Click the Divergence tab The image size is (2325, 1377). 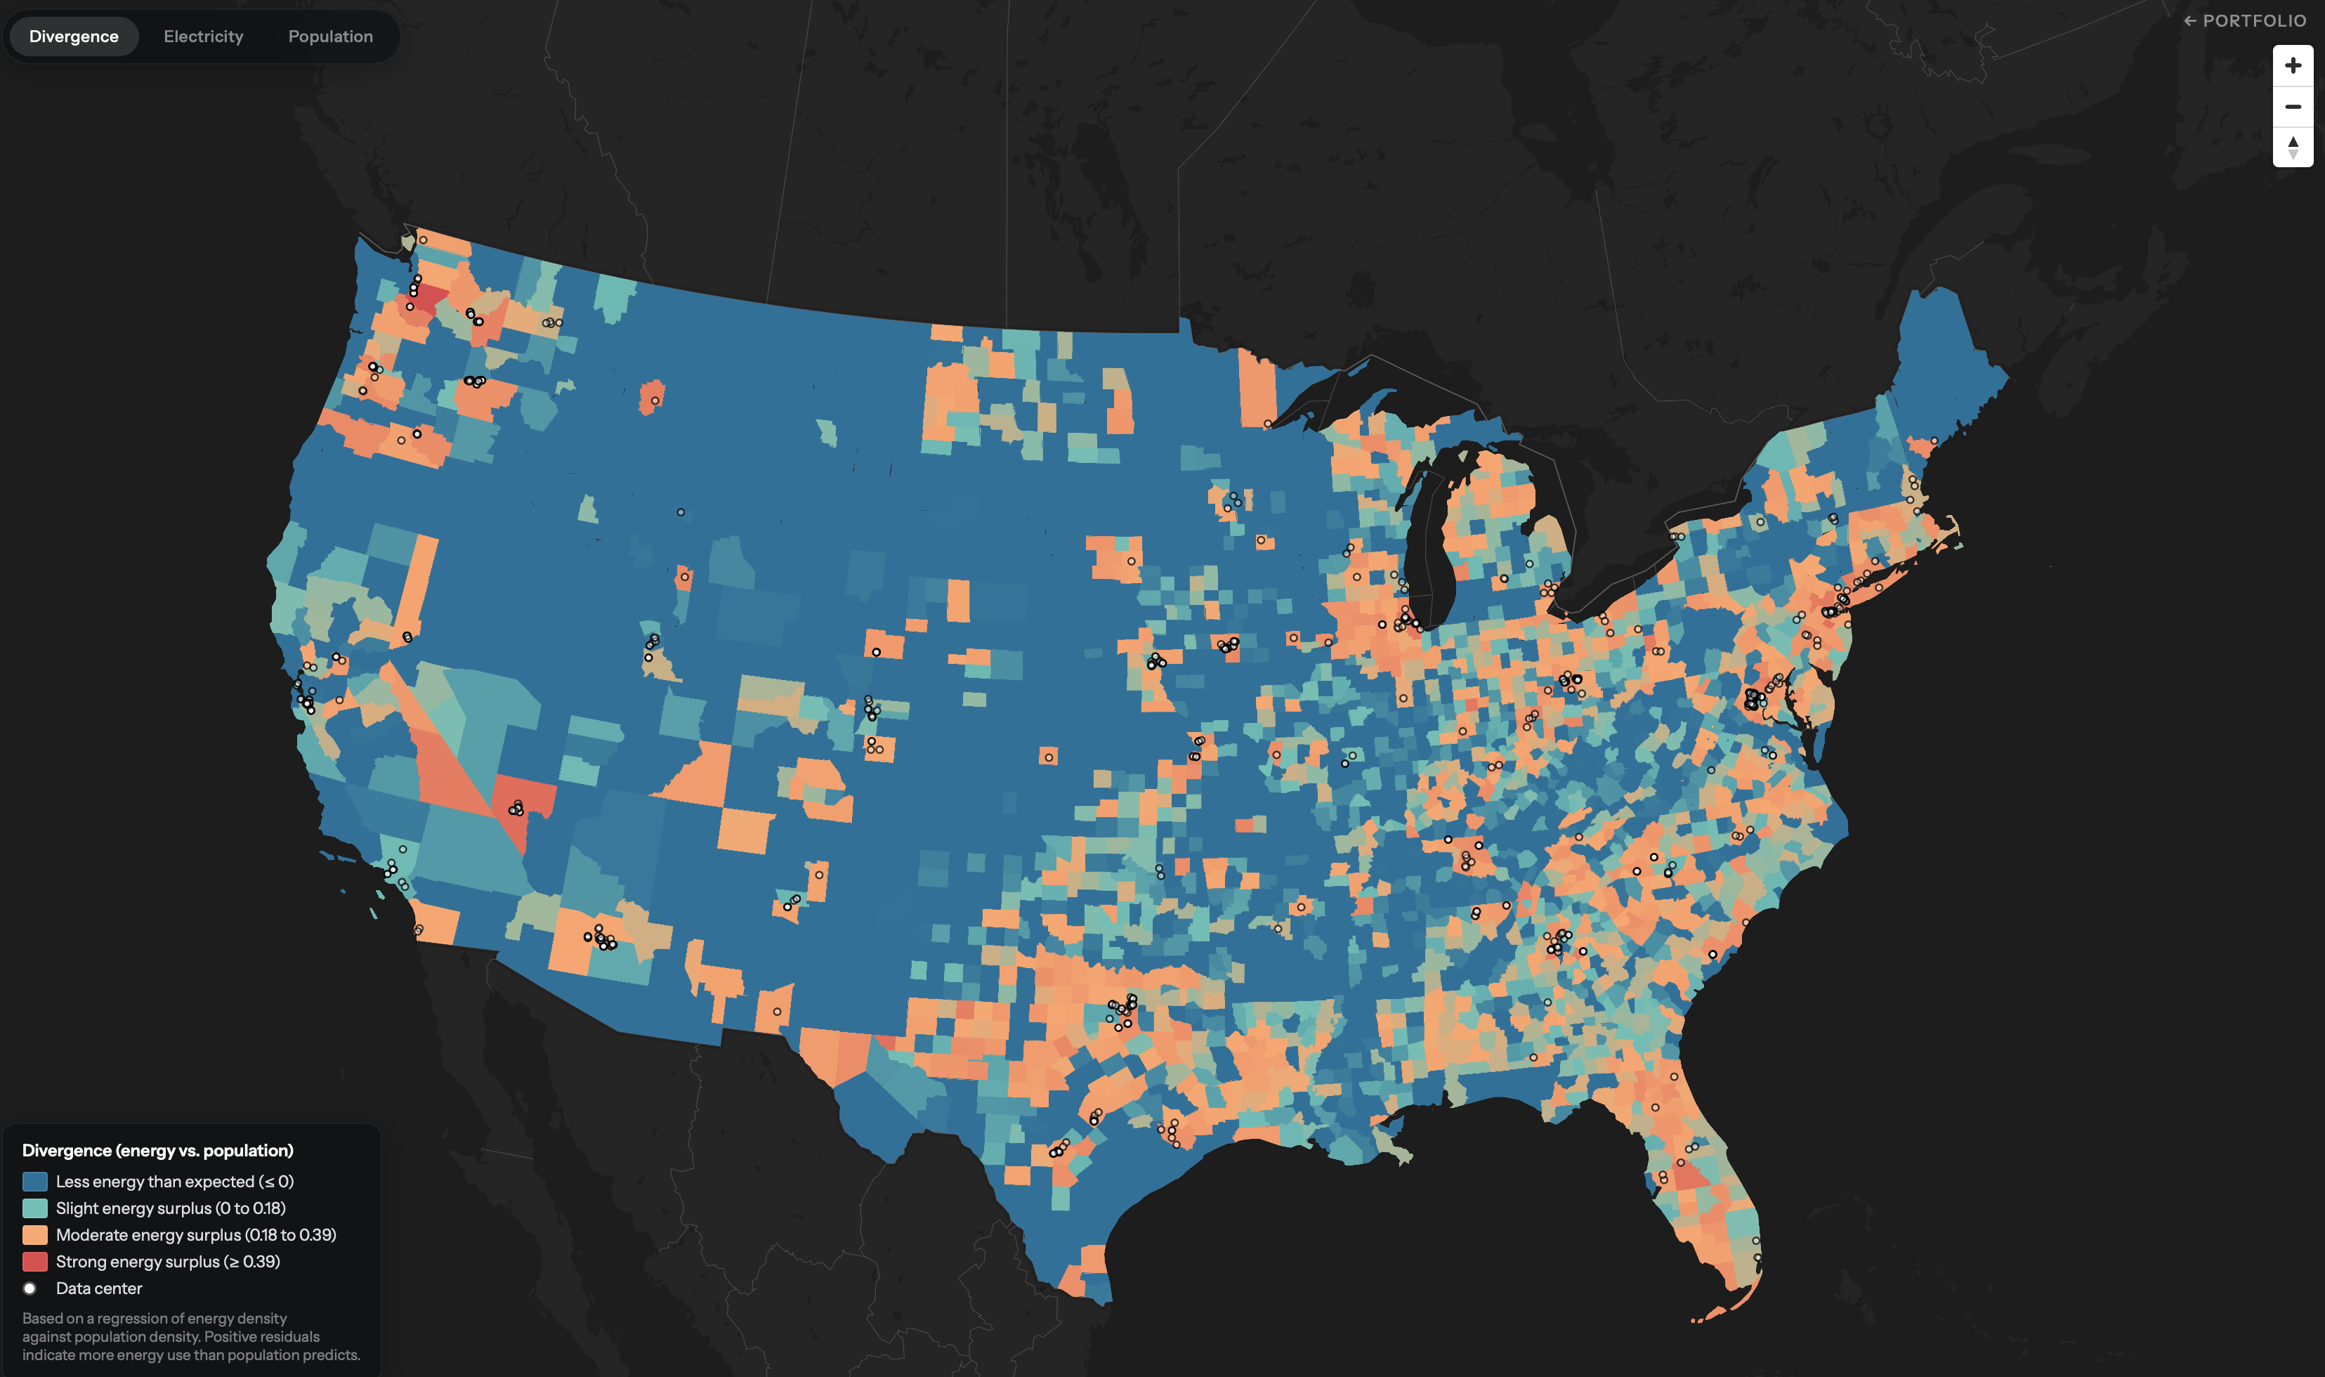click(73, 37)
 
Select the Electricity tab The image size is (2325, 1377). click(203, 37)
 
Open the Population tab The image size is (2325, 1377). click(330, 37)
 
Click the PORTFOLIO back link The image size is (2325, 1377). click(2244, 20)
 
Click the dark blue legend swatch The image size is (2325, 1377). click(34, 1181)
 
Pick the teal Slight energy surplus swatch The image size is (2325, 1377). click(34, 1208)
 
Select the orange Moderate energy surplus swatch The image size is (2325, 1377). click(34, 1235)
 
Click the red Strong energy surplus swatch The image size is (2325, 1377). click(34, 1262)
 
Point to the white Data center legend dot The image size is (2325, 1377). click(30, 1288)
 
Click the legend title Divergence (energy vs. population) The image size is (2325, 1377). click(158, 1151)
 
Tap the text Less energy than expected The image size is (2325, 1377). click(155, 1181)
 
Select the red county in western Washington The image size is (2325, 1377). click(428, 299)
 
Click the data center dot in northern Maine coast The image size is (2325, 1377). click(1934, 440)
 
